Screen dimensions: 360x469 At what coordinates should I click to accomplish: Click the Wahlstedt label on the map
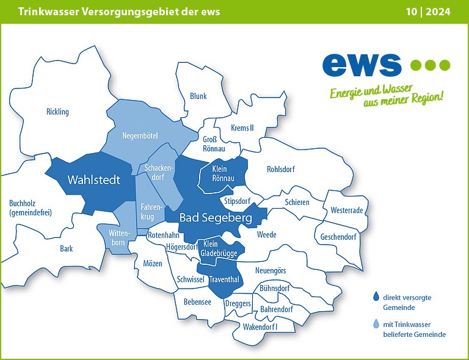(x=93, y=181)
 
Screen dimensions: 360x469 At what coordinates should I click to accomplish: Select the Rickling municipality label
(x=57, y=112)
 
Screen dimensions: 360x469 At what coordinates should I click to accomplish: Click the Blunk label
(x=198, y=96)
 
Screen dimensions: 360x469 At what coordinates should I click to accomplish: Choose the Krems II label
(x=242, y=128)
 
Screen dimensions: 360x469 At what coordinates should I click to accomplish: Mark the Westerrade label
(x=346, y=210)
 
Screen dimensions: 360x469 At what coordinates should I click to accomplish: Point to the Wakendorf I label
(x=260, y=327)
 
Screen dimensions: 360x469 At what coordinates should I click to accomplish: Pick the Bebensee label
(x=197, y=301)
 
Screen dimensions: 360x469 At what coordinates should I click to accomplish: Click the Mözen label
(x=153, y=263)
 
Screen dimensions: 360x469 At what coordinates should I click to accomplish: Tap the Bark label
(x=66, y=249)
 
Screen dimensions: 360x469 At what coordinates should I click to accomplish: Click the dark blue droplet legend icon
(x=376, y=297)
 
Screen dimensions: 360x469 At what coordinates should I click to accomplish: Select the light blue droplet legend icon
(x=376, y=325)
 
